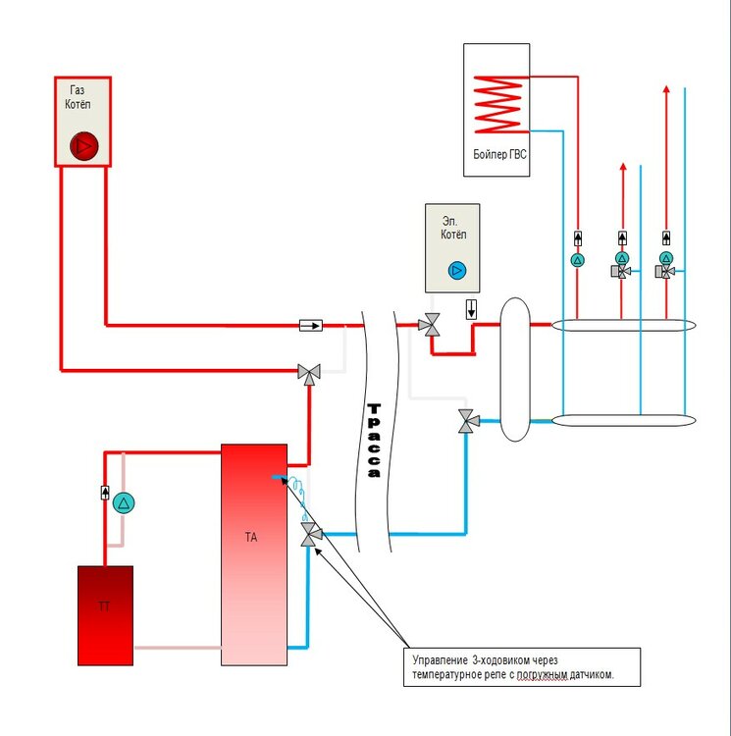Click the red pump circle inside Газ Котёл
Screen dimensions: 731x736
point(84,146)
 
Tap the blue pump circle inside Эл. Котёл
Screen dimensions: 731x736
point(457,271)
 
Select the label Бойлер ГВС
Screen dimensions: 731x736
point(499,154)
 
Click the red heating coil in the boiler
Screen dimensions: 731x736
point(499,105)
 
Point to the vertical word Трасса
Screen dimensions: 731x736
point(374,441)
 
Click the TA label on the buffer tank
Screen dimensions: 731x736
point(251,537)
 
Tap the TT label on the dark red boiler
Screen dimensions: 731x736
point(104,606)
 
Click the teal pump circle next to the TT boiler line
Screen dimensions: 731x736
point(124,503)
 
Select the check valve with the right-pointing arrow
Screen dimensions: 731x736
point(311,325)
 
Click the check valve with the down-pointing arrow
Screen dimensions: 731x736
point(472,309)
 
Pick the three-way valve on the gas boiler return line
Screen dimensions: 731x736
point(309,374)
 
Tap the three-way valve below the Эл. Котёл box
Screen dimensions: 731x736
point(430,325)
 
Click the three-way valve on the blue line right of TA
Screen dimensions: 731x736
point(311,535)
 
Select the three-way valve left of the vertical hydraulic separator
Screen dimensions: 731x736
point(468,421)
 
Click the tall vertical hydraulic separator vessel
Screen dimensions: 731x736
point(515,369)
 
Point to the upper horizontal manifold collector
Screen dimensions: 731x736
point(623,325)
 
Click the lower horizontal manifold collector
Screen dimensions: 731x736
point(623,420)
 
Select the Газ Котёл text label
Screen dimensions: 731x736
point(78,97)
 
